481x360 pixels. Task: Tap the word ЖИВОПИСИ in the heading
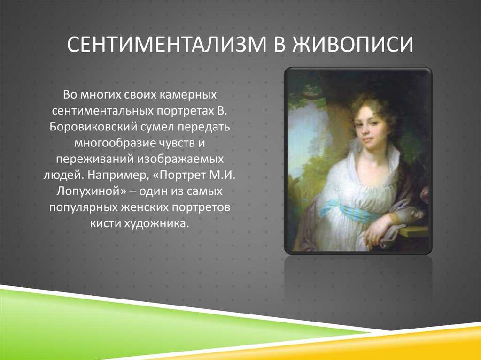click(x=353, y=45)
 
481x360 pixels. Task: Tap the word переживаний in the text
click(x=94, y=159)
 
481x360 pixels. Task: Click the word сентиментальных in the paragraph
click(x=102, y=111)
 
